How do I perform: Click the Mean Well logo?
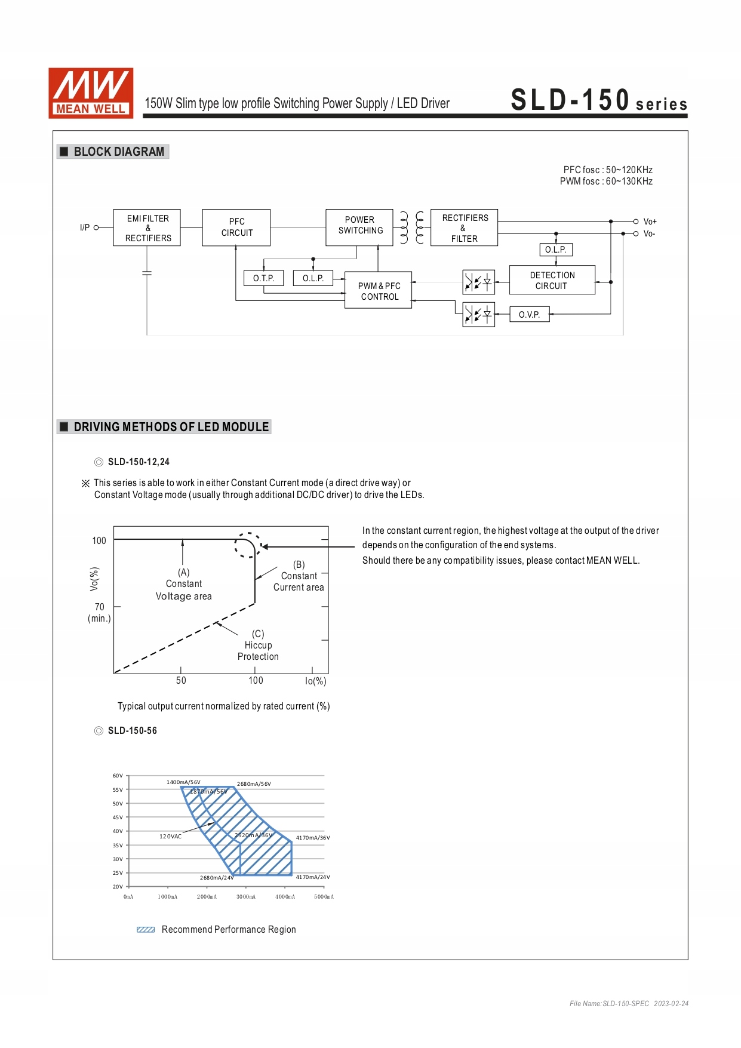91,93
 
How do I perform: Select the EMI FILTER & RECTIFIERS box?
147,228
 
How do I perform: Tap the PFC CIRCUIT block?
236,228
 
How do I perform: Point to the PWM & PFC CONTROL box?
379,291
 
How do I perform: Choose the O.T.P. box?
263,278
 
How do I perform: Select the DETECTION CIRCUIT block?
552,280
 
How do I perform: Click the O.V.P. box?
530,314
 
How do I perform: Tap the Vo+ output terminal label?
650,222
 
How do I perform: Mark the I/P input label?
85,228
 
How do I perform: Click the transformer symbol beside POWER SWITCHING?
412,228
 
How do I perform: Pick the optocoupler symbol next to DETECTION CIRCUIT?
479,281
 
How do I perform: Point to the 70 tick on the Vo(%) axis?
100,607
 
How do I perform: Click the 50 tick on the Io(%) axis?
181,680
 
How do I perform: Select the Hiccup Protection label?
258,646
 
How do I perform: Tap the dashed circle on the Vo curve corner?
248,545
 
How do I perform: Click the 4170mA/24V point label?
313,877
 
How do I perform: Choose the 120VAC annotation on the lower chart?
170,837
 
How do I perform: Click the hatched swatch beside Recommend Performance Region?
146,930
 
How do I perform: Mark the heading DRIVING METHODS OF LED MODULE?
171,427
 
